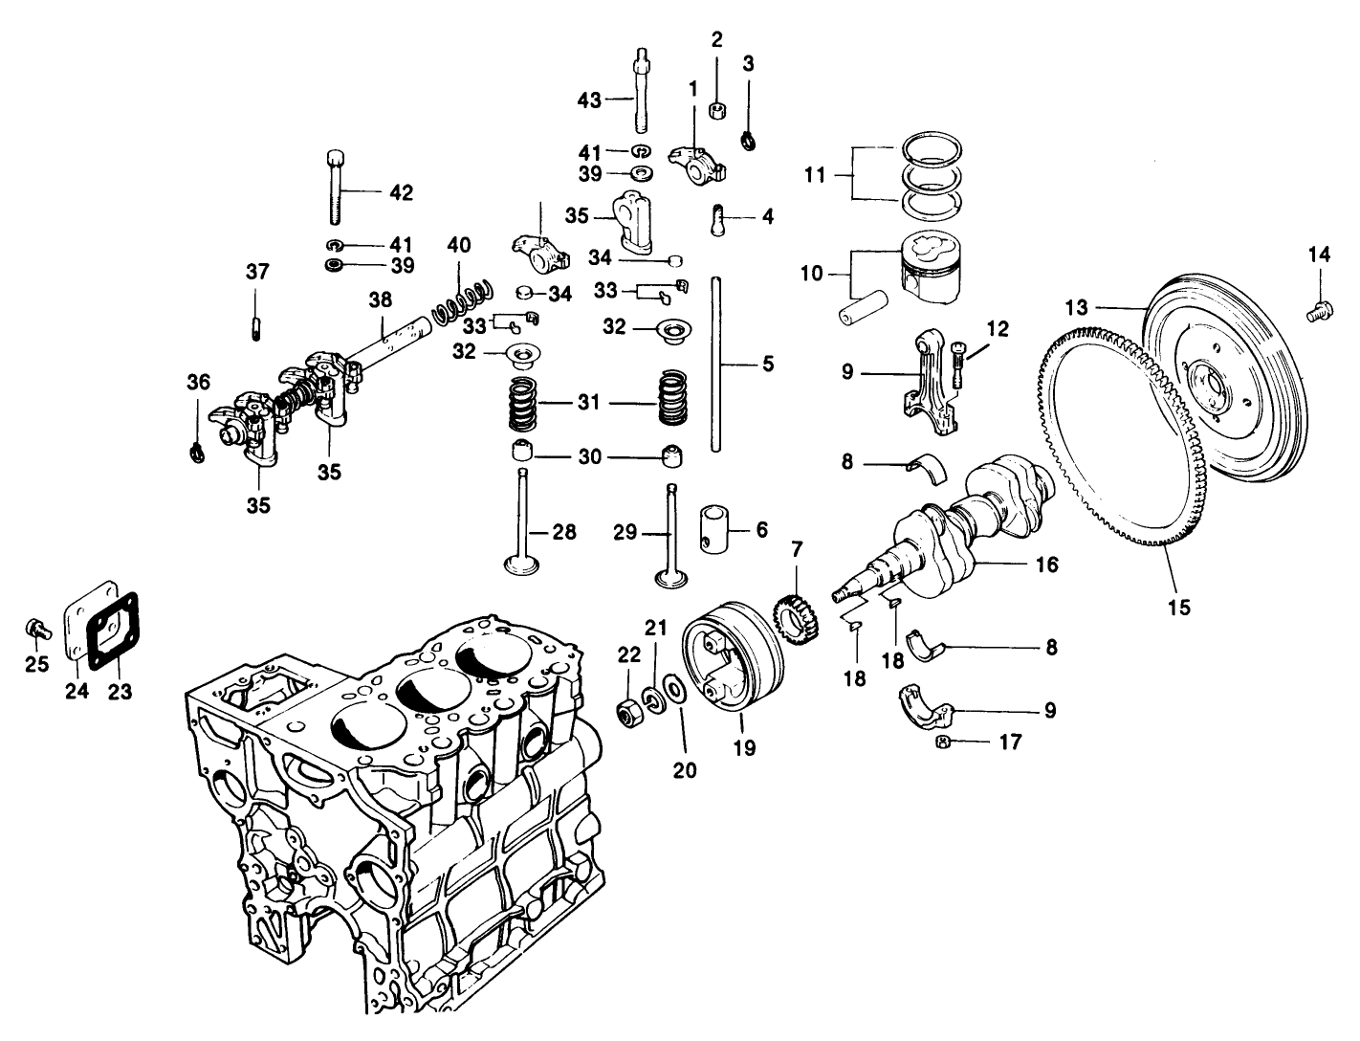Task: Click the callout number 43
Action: point(589,100)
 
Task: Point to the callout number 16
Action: point(1046,565)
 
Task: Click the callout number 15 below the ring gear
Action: point(1178,608)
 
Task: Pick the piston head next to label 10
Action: point(932,265)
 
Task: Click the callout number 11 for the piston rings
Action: point(815,175)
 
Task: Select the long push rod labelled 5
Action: point(714,364)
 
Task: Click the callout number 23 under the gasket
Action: point(120,690)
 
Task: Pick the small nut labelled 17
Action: point(941,742)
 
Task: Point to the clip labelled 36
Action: point(197,450)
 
